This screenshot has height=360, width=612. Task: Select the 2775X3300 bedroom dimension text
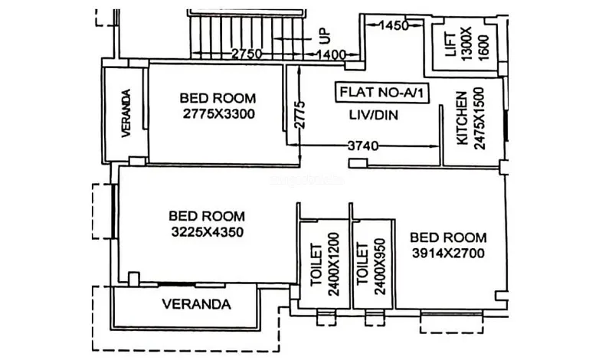click(x=218, y=114)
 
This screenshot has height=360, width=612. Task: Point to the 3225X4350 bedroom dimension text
click(x=207, y=231)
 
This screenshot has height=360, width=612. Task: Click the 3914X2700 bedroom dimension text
click(x=447, y=253)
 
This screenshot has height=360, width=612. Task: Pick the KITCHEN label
click(x=461, y=119)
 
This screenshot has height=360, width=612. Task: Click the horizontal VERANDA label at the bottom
click(x=196, y=304)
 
